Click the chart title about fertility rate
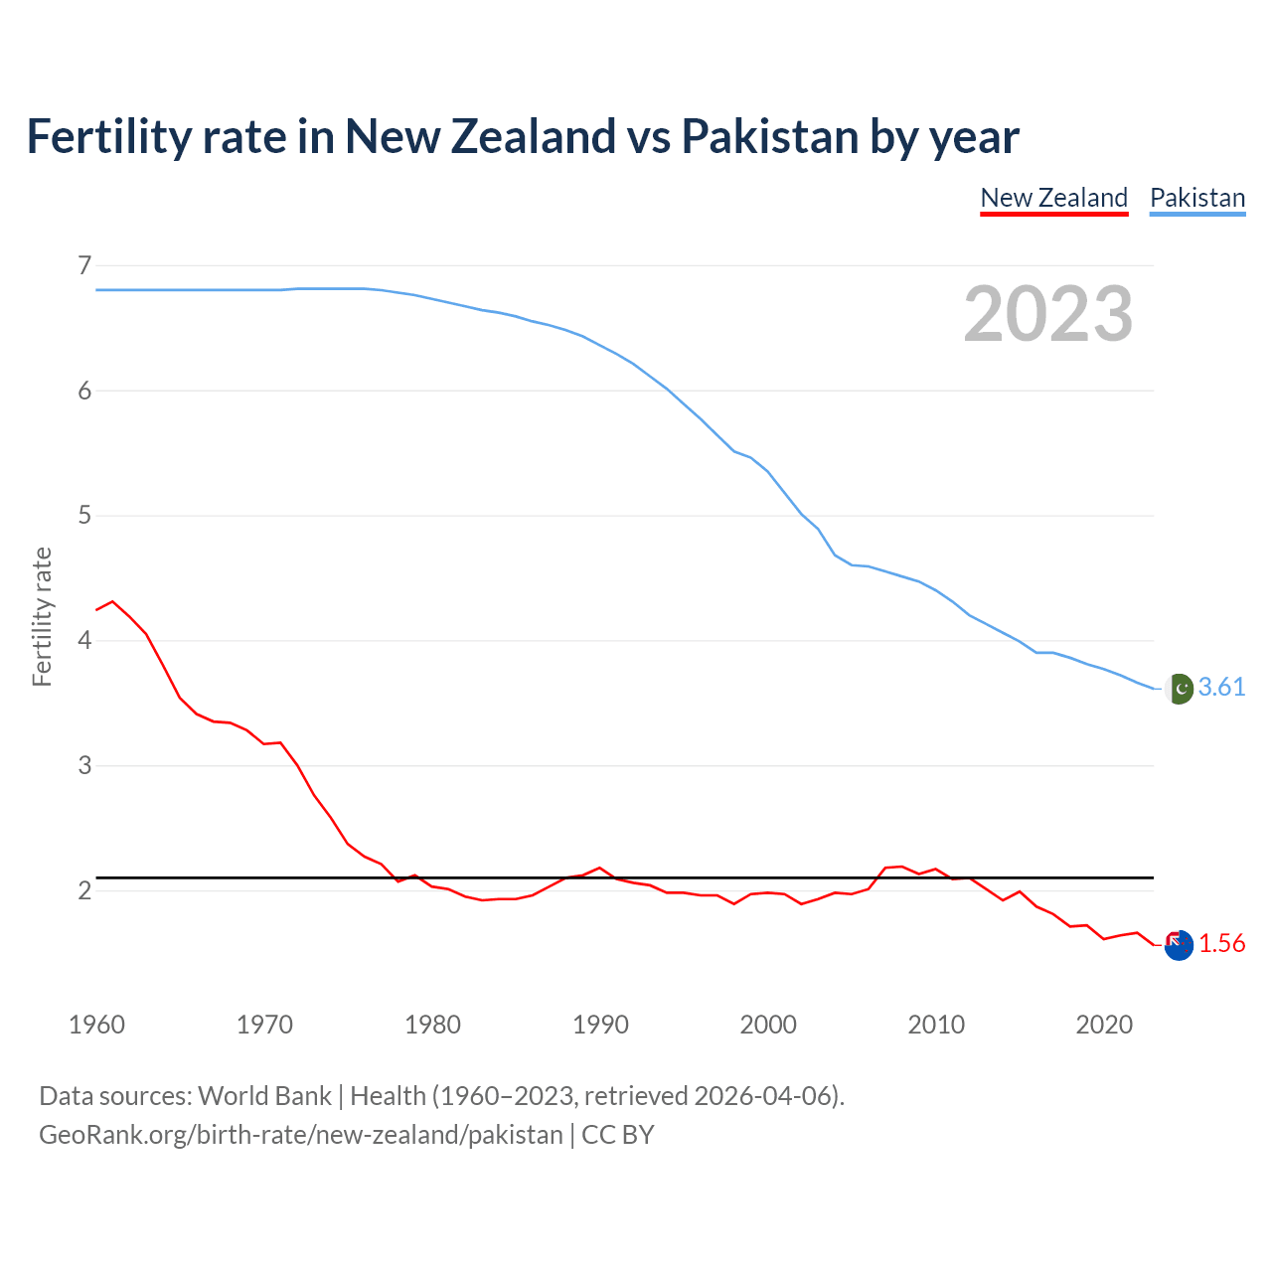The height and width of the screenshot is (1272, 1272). click(x=523, y=136)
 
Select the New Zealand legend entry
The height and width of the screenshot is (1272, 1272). click(x=1053, y=198)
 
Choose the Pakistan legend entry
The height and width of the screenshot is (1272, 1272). click(x=1196, y=198)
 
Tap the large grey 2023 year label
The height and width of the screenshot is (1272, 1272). click(x=1047, y=314)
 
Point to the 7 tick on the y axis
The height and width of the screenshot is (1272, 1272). click(x=84, y=265)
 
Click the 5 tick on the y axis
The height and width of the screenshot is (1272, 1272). click(x=84, y=516)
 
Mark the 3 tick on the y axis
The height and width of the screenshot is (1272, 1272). click(x=84, y=765)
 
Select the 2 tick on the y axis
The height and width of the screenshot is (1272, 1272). click(x=84, y=890)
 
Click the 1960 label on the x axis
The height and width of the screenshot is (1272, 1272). click(x=96, y=1025)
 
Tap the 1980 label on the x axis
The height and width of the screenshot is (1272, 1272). click(x=432, y=1025)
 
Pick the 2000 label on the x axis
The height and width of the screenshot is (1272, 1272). click(x=768, y=1025)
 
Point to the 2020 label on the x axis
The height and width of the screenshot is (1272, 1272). click(x=1104, y=1025)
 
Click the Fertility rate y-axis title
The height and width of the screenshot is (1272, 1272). click(x=42, y=616)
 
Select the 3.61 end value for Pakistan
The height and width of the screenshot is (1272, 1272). click(x=1221, y=688)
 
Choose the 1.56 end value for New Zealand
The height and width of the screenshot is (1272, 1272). click(x=1221, y=944)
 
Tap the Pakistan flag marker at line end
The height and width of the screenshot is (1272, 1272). click(x=1179, y=689)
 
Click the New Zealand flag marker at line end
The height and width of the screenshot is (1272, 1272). click(x=1179, y=946)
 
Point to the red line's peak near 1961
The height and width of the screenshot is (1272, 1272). click(x=112, y=601)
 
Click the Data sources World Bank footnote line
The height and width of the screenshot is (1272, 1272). click(x=441, y=1096)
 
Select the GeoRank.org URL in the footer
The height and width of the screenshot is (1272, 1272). click(x=300, y=1135)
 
